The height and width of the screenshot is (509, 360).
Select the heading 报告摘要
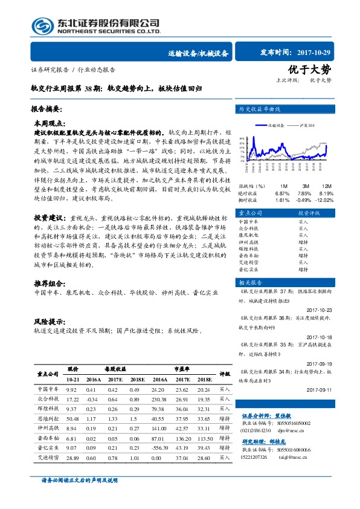click(47, 109)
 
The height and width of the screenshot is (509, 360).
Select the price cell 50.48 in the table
click(72, 418)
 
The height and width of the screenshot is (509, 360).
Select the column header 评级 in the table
click(225, 374)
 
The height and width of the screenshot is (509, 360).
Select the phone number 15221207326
click(259, 458)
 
